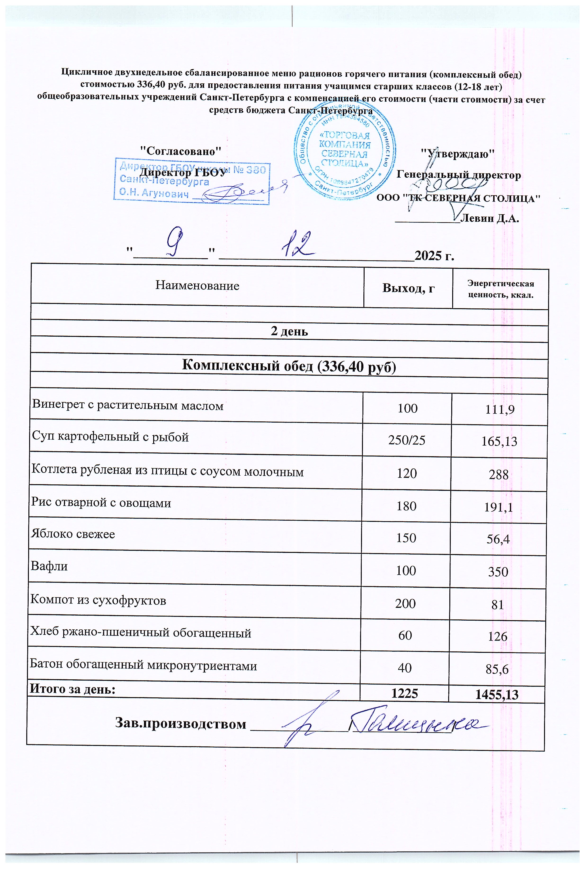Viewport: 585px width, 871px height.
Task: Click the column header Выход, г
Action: [x=409, y=288]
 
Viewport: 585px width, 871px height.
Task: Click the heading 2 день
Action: [x=289, y=331]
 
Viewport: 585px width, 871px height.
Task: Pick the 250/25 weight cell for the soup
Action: [x=407, y=440]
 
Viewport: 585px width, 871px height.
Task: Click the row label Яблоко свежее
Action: [x=73, y=534]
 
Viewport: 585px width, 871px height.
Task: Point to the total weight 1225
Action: [x=405, y=693]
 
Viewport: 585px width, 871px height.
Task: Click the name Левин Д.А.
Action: [x=490, y=218]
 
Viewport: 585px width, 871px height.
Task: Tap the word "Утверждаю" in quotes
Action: [x=457, y=153]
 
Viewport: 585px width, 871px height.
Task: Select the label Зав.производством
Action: [x=181, y=724]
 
